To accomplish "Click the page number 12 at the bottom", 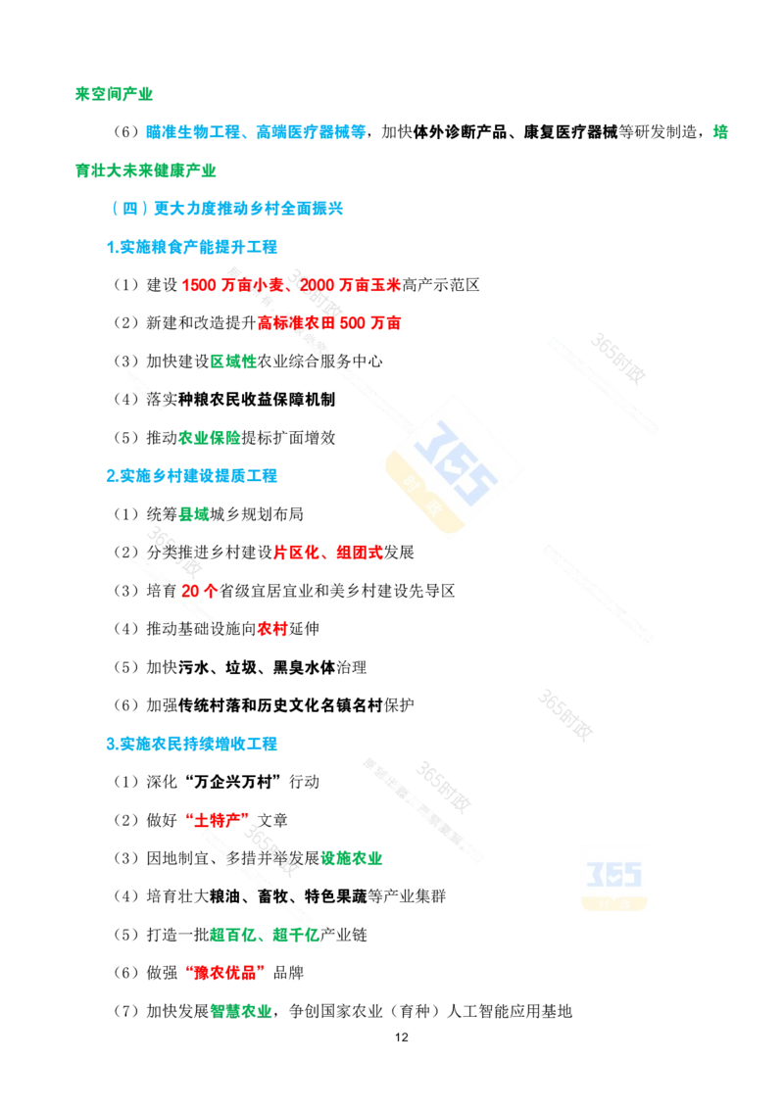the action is click(x=401, y=1037).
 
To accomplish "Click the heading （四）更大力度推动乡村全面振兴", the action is click(x=227, y=208).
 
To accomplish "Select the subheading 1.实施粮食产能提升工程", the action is click(x=192, y=247).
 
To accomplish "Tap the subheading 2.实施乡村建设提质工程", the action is click(x=192, y=476).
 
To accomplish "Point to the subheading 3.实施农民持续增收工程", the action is click(x=192, y=744).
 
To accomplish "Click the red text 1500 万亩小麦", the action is click(x=232, y=285).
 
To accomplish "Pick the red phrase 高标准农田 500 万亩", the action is click(x=329, y=323).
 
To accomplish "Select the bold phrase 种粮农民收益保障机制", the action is click(x=257, y=400).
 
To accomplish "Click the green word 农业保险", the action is click(x=210, y=438).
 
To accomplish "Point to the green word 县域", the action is click(x=194, y=514).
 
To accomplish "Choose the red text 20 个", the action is click(x=199, y=591).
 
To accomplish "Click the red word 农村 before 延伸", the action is click(x=273, y=629).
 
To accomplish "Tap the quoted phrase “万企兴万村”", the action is click(x=233, y=782).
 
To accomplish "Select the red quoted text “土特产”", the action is click(x=217, y=820).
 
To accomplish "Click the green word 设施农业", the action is click(x=352, y=858).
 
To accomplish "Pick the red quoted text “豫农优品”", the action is click(x=225, y=973).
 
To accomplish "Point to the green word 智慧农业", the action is click(x=241, y=1011).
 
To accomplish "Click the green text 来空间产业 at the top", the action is click(x=114, y=94).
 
